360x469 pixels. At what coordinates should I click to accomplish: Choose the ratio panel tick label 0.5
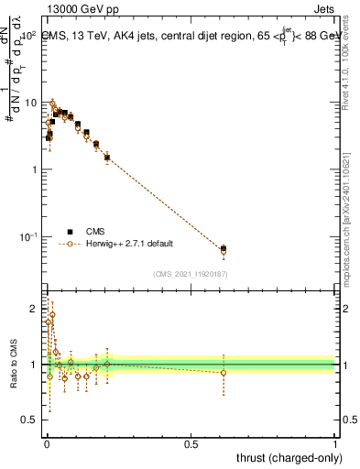coord(31,421)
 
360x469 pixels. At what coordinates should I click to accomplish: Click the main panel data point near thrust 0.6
coord(224,249)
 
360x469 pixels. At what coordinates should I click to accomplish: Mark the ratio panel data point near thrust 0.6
coord(224,372)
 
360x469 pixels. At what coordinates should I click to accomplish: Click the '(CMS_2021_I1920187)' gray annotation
coord(190,273)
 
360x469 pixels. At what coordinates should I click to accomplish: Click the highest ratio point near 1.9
coord(52,314)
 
